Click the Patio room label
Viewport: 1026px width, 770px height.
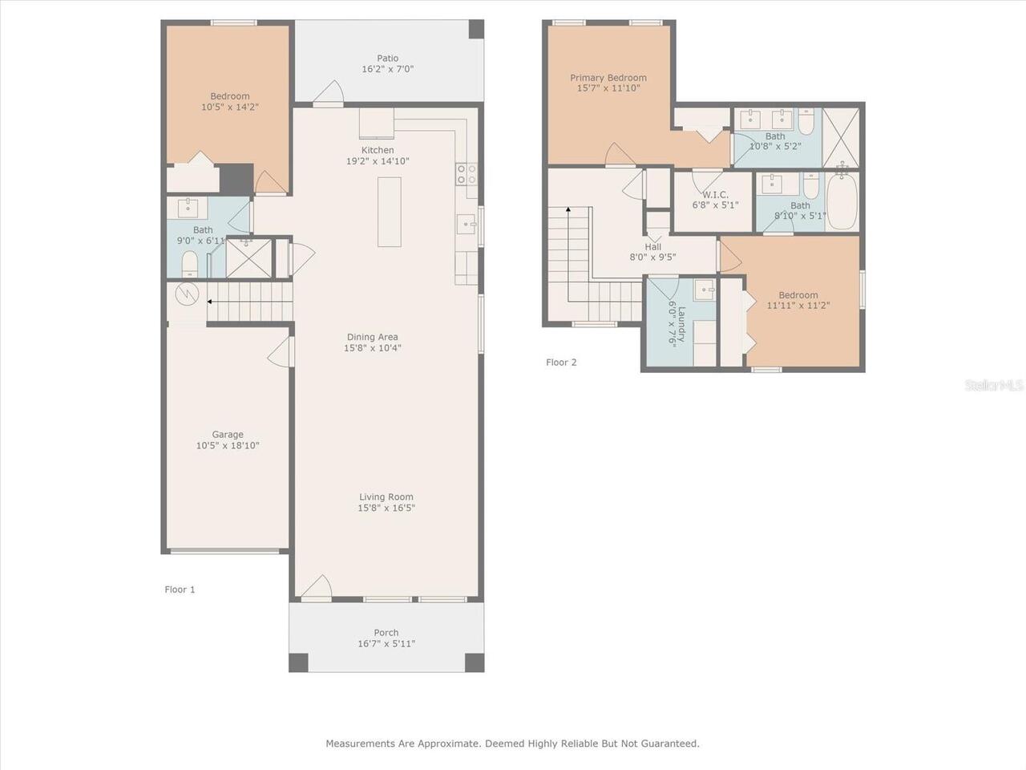(387, 59)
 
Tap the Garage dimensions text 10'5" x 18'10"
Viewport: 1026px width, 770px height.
(228, 445)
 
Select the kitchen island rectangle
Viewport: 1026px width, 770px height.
(390, 212)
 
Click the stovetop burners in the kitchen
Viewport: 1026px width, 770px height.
(467, 174)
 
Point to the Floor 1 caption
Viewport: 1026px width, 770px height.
(180, 590)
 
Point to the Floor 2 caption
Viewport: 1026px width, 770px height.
(561, 363)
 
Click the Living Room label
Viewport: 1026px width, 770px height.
(386, 497)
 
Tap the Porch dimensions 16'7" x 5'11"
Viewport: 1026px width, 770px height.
(386, 644)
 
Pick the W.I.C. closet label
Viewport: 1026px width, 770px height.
(715, 194)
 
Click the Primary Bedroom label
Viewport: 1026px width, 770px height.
(608, 78)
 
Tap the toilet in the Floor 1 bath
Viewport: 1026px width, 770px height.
(190, 264)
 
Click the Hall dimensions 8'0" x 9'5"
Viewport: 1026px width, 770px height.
(652, 257)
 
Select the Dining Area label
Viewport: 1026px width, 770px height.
(372, 337)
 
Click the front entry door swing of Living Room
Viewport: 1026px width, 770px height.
(317, 587)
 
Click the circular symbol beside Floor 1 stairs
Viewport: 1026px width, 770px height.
(187, 294)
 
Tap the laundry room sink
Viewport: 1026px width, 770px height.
(704, 290)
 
